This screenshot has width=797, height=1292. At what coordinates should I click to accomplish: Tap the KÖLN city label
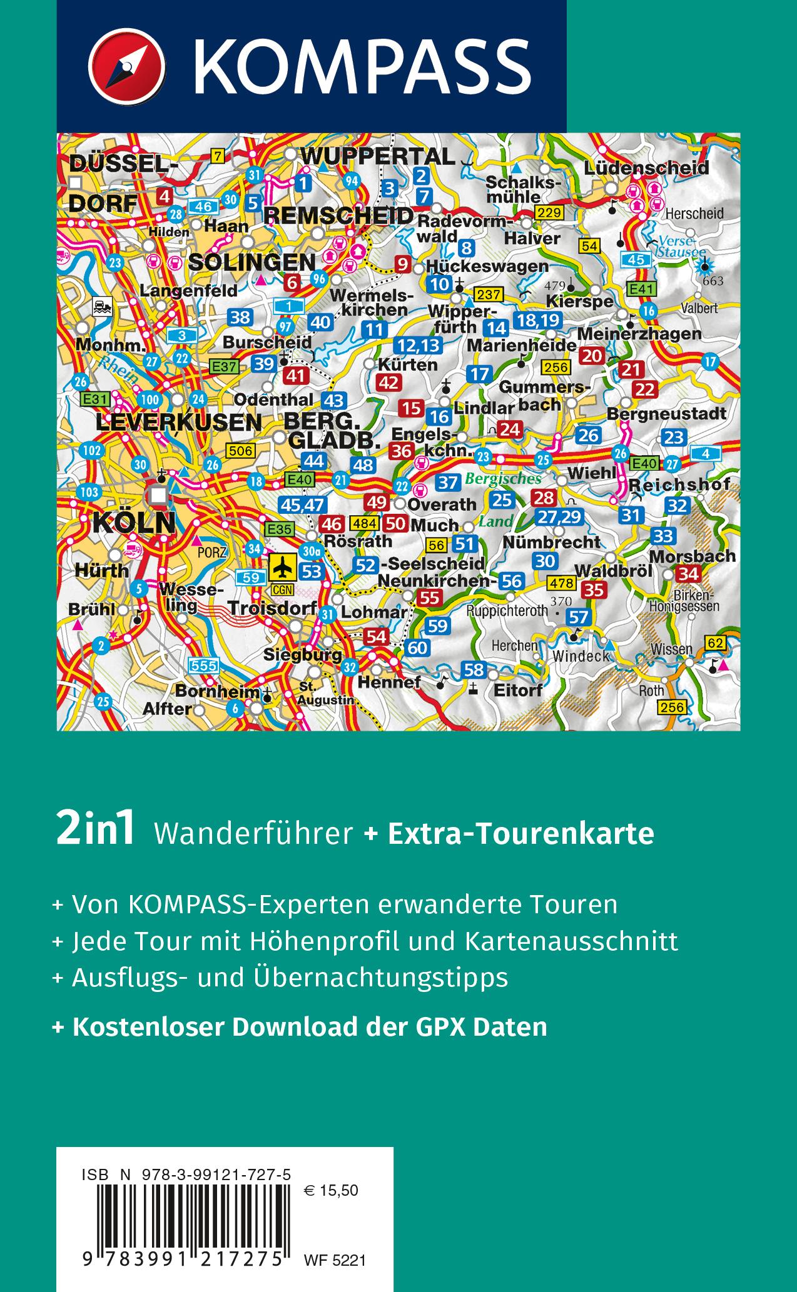pyautogui.click(x=134, y=523)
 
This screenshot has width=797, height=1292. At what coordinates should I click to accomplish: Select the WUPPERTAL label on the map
pyautogui.click(x=377, y=156)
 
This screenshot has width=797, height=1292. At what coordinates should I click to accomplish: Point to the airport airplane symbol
pyautogui.click(x=284, y=568)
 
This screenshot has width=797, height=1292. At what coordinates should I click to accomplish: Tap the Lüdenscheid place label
pyautogui.click(x=646, y=168)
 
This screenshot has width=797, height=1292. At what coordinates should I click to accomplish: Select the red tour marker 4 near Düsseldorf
pyautogui.click(x=165, y=197)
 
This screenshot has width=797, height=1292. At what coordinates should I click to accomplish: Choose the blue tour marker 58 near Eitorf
pyautogui.click(x=474, y=669)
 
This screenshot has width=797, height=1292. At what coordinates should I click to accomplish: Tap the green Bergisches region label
pyautogui.click(x=503, y=479)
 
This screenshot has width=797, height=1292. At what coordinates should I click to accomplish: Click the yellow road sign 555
pyautogui.click(x=204, y=666)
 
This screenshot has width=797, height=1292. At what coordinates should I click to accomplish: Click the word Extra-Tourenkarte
pyautogui.click(x=521, y=833)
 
